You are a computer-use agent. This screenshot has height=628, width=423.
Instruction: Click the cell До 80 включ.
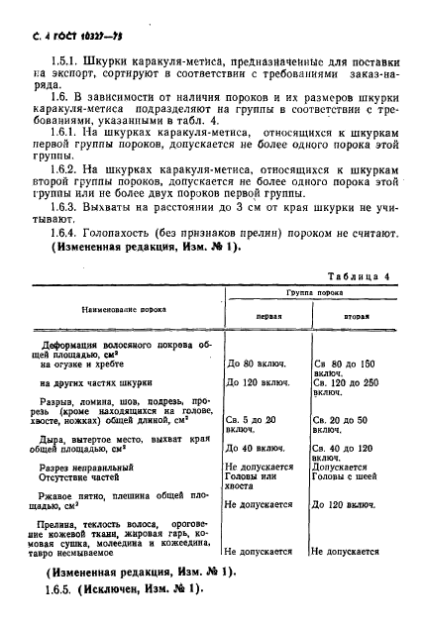tap(257, 363)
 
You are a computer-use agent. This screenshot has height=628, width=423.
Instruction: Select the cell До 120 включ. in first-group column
tap(260, 381)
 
